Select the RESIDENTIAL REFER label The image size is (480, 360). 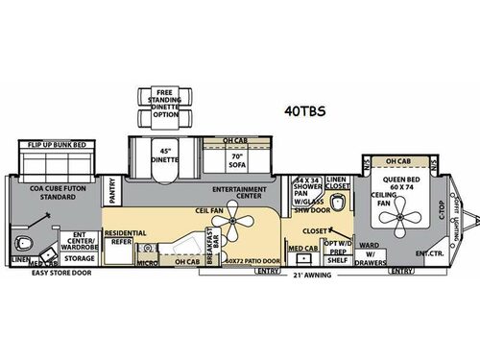click(x=124, y=238)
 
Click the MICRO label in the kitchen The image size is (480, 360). click(x=145, y=260)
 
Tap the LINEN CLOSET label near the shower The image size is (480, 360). click(x=335, y=182)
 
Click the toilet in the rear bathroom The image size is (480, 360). click(x=36, y=239)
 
